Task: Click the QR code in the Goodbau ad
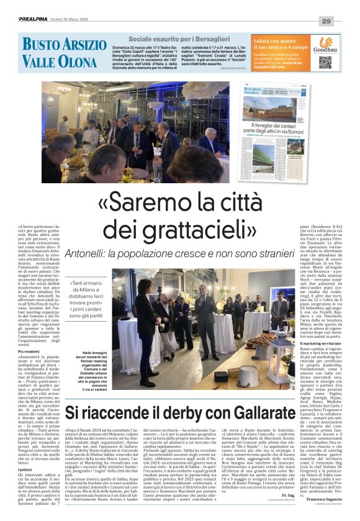tap(325, 62)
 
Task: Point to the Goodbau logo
tap(325, 45)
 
